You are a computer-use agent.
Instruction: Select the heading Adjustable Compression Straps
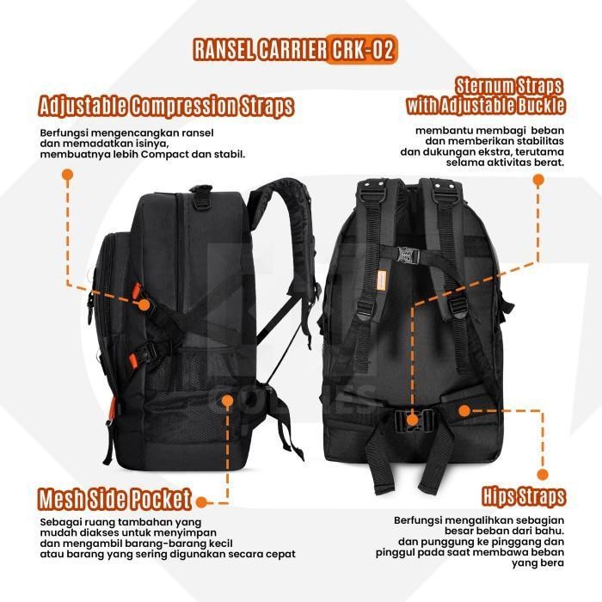(x=166, y=107)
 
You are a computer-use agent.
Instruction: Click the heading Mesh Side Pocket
(x=114, y=500)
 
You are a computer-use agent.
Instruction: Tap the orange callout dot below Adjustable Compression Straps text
(x=66, y=175)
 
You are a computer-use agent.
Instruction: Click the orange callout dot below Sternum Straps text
(x=538, y=181)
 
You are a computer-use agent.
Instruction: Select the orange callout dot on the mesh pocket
(x=228, y=399)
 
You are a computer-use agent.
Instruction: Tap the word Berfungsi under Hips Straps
(x=420, y=521)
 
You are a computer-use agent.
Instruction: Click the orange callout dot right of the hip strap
(x=465, y=411)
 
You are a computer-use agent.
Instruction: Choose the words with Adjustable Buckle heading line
(x=486, y=107)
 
